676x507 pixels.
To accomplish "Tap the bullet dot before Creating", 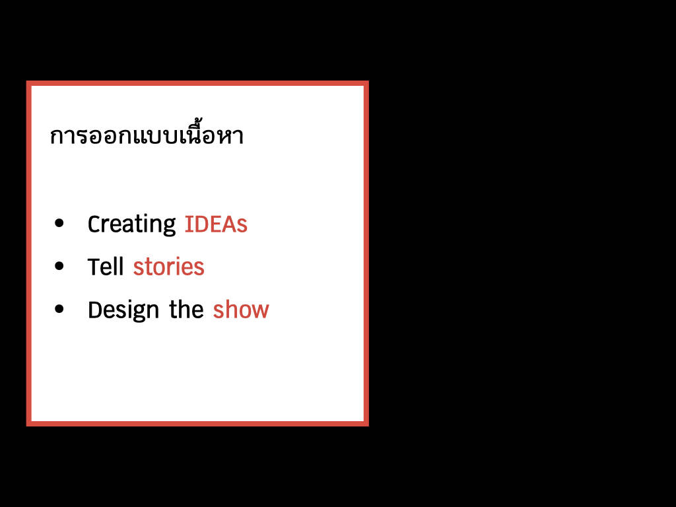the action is [x=59, y=223].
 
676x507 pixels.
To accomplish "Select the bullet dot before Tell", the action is [x=59, y=266].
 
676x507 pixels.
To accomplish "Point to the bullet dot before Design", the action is [x=59, y=309].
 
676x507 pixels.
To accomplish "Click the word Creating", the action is [x=131, y=224].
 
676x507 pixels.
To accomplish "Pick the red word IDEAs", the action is [x=216, y=224].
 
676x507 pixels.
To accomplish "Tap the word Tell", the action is [x=105, y=267].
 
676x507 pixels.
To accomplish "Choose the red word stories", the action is [x=168, y=267].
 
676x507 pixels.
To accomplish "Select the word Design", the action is [x=123, y=310].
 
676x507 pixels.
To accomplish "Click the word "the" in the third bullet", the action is [x=186, y=309].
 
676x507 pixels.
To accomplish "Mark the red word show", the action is [x=241, y=310].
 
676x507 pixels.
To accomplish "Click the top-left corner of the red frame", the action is [x=26, y=81].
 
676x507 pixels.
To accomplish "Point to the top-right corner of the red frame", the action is [x=368, y=81].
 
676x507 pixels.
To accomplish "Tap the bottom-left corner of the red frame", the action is [x=26, y=426].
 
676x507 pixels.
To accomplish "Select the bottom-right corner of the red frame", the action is [x=368, y=426].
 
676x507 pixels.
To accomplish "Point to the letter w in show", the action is [x=259, y=312].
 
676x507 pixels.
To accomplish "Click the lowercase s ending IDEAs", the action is [x=242, y=227].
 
